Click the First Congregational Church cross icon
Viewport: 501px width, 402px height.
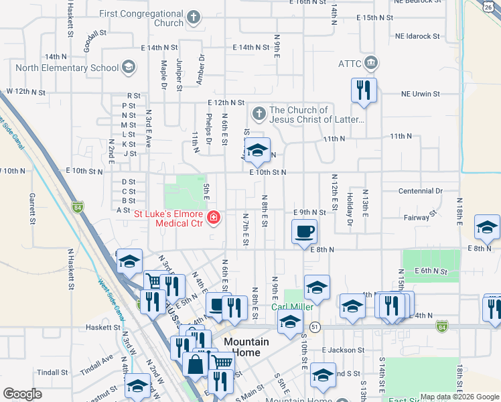194,18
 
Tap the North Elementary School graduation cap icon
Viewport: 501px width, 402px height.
128,68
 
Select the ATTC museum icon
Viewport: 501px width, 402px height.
371,64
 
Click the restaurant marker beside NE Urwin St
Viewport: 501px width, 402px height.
364,90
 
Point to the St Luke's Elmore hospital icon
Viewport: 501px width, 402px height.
214,217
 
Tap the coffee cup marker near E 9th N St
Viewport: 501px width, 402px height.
304,232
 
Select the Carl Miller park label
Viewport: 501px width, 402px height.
292,308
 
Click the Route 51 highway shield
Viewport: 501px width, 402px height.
314,326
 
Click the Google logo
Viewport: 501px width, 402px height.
22,394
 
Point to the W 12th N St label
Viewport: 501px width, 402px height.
25,91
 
